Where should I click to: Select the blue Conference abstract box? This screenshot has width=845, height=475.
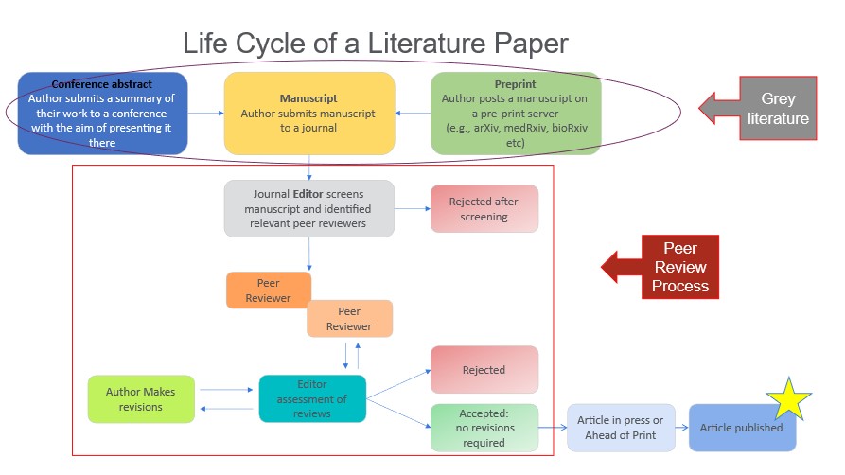pyautogui.click(x=101, y=114)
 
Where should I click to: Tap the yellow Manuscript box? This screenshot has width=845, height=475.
pyautogui.click(x=308, y=113)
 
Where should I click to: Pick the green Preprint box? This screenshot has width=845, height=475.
pyautogui.click(x=515, y=113)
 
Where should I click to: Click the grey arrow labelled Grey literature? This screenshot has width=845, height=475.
pyautogui.click(x=757, y=108)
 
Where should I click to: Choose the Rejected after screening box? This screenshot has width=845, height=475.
pyautogui.click(x=484, y=209)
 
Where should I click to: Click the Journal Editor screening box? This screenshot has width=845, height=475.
pyautogui.click(x=308, y=208)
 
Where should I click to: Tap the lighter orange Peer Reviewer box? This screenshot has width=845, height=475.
pyautogui.click(x=349, y=319)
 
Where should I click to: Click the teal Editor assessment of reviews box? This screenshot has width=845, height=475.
pyautogui.click(x=312, y=398)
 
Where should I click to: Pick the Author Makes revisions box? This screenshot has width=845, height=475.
pyautogui.click(x=140, y=399)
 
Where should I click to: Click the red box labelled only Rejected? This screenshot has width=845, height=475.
pyautogui.click(x=484, y=369)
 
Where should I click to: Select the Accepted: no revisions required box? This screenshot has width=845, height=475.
pyautogui.click(x=484, y=428)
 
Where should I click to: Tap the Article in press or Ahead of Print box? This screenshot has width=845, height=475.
pyautogui.click(x=621, y=428)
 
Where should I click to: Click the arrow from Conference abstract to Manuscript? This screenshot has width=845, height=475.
pyautogui.click(x=205, y=113)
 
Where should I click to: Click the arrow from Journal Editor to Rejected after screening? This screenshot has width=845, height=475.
pyautogui.click(x=412, y=208)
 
